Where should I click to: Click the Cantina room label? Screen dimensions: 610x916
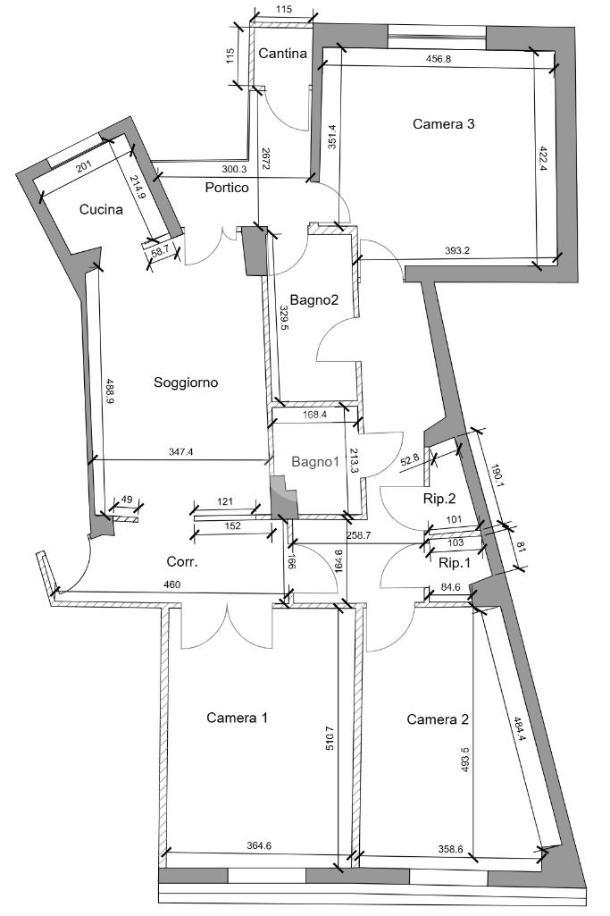click(282, 53)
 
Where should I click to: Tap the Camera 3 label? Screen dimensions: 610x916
click(444, 124)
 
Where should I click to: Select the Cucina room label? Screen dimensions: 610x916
click(101, 209)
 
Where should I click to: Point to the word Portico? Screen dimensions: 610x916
click(227, 188)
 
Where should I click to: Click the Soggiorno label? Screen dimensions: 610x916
click(186, 382)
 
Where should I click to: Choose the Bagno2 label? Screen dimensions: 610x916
click(314, 300)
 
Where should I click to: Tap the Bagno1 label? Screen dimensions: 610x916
click(315, 462)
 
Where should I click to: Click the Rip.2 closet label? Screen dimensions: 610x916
click(439, 499)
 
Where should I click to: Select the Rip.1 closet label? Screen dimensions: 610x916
click(454, 563)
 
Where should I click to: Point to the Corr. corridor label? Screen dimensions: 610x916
click(182, 562)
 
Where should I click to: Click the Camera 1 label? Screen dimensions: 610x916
click(237, 718)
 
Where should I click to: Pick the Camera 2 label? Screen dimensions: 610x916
click(438, 719)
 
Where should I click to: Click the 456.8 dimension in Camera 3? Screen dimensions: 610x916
click(439, 59)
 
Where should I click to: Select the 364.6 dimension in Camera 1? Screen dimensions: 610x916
click(259, 845)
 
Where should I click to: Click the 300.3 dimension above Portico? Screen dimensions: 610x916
click(234, 170)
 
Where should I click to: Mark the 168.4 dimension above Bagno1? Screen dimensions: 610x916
click(314, 415)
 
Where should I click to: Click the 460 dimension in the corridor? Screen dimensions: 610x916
click(172, 584)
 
